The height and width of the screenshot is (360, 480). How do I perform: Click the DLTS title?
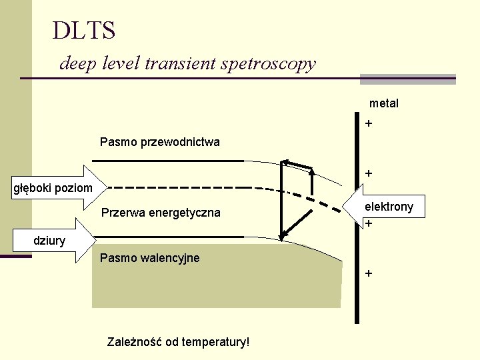click(x=84, y=30)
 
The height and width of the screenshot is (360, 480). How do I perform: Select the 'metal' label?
click(x=384, y=103)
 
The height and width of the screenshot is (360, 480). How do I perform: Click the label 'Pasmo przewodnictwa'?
click(x=159, y=142)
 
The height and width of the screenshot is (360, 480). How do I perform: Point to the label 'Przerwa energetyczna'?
click(x=160, y=213)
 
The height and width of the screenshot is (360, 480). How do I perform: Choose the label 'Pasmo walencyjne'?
click(x=149, y=258)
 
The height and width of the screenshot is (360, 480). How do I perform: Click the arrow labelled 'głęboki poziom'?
click(x=57, y=188)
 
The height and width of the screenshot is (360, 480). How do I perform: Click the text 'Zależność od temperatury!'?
click(x=178, y=342)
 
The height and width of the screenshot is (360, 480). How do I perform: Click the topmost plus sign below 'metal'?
click(x=369, y=124)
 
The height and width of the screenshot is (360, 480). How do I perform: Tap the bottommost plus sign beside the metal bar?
click(x=369, y=273)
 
